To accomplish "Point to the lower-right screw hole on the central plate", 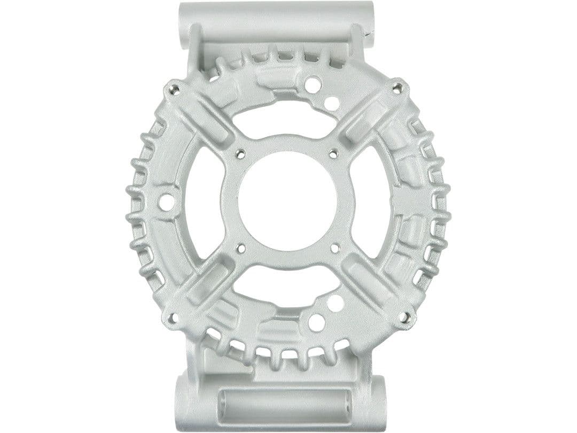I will [335, 248].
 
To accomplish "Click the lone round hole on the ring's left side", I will [167, 202].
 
